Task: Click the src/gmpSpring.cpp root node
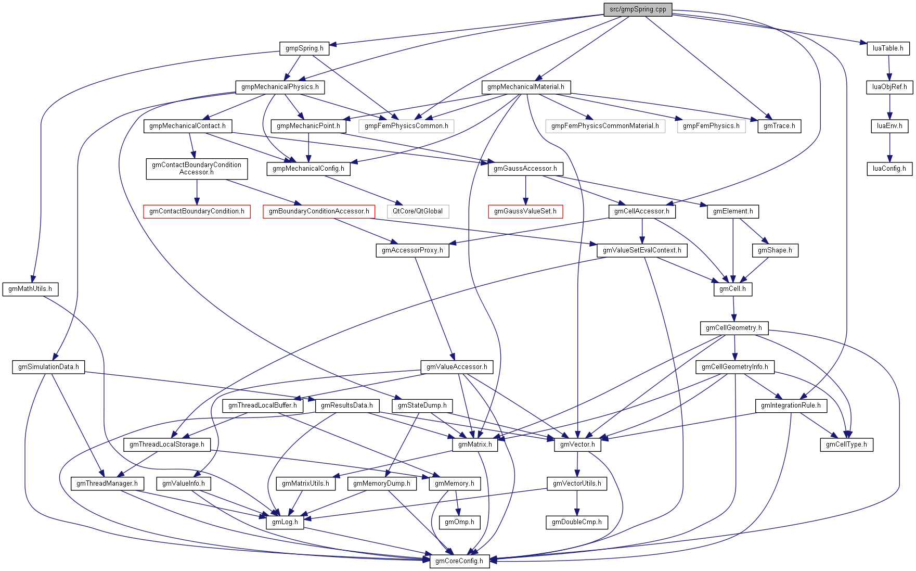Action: [x=638, y=9]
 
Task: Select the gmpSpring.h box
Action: [x=304, y=48]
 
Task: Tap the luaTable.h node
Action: [x=888, y=48]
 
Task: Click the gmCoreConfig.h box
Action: [x=459, y=561]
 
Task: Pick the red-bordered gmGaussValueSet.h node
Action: [x=525, y=211]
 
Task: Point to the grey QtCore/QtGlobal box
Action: [x=418, y=211]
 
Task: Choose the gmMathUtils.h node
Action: [x=30, y=289]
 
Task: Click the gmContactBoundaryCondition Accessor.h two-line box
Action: [x=197, y=169]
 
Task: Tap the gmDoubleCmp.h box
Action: [x=576, y=522]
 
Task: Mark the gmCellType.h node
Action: [x=846, y=445]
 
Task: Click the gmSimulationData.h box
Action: [x=48, y=367]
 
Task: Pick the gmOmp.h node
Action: [x=459, y=522]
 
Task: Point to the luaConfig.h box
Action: [x=889, y=169]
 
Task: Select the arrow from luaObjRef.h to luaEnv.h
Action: [x=889, y=107]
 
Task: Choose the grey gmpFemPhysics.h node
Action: [x=711, y=126]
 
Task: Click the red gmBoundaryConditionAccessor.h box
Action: [x=319, y=211]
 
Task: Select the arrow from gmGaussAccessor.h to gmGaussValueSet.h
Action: [x=525, y=189]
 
